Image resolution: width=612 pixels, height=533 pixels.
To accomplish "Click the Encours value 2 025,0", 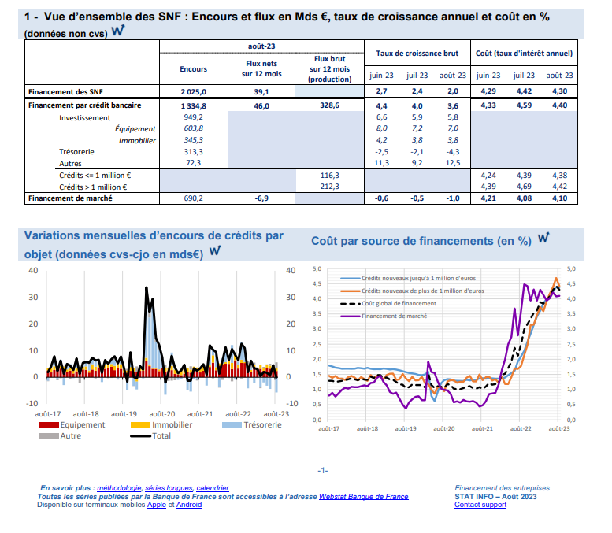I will (x=193, y=92).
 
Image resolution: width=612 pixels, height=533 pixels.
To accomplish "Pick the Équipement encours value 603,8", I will (x=193, y=128).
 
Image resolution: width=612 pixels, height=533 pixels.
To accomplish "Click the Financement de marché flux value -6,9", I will (x=261, y=198).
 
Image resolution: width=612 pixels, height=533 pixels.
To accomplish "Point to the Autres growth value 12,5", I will (x=452, y=162).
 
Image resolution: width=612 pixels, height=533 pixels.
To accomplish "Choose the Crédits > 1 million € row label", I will (x=95, y=187).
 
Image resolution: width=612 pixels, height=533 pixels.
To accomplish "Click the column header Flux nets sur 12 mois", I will (x=261, y=69).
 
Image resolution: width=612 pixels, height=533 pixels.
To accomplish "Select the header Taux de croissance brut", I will (x=417, y=54).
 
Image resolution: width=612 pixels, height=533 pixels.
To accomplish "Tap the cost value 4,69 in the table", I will (x=523, y=187).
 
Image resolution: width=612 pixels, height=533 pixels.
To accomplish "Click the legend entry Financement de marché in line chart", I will (x=394, y=316).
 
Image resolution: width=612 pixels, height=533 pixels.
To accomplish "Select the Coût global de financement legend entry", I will (x=398, y=303).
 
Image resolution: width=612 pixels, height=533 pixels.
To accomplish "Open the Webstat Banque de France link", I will (x=364, y=497).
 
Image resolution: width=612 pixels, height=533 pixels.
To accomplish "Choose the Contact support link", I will (x=480, y=505).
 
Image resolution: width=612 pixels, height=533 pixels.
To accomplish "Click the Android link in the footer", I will (x=189, y=505).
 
